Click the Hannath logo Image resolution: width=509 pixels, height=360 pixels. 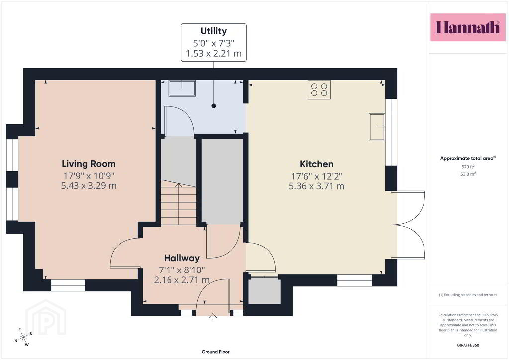468,27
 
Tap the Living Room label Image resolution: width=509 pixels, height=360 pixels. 88,164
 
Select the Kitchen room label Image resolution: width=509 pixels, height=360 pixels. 317,164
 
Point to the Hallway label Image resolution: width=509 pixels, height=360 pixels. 182,258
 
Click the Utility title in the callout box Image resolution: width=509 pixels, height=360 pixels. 214,31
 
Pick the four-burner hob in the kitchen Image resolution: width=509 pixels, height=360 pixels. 319,90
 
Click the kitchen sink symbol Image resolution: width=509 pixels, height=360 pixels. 377,127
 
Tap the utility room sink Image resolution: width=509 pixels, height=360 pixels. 182,88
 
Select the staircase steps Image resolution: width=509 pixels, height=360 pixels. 178,202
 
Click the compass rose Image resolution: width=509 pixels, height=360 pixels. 23,338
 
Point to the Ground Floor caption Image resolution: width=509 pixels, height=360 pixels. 216,352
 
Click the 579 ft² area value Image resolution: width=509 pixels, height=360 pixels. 468,167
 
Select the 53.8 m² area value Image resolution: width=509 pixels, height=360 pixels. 468,174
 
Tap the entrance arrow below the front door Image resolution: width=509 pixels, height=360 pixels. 213,317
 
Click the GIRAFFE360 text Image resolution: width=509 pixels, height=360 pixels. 468,345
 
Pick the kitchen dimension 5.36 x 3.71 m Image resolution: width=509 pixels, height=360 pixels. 317,186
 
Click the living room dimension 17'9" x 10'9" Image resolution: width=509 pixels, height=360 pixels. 88,176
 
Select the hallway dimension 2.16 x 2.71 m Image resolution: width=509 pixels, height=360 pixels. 182,280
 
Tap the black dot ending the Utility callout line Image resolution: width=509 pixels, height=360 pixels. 214,106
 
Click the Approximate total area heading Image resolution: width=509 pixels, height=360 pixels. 468,158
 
